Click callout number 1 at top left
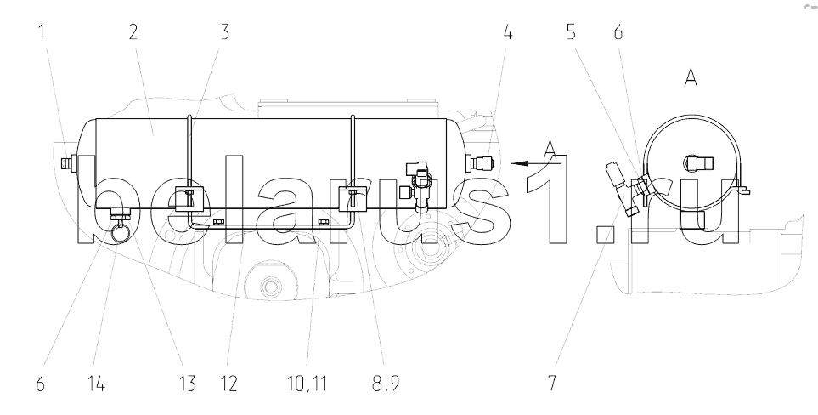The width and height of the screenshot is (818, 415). (42, 31)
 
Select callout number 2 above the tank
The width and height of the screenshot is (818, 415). (133, 31)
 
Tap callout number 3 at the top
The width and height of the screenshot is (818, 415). (225, 31)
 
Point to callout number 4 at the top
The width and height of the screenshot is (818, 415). (508, 31)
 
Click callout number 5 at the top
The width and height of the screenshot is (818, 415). (572, 31)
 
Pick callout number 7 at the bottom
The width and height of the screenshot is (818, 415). (552, 384)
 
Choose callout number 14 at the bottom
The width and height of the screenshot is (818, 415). (97, 384)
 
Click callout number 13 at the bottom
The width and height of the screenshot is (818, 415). (187, 384)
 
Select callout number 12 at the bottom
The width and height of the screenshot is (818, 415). (229, 384)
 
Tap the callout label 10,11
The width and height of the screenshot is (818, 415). (307, 384)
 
